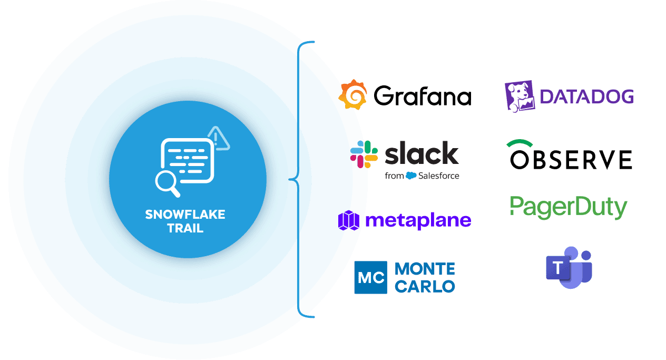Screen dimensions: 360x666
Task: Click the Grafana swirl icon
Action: tap(352, 95)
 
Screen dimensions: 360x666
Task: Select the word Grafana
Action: tap(422, 96)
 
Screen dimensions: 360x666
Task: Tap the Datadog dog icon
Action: tap(520, 96)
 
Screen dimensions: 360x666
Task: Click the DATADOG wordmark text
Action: tap(586, 96)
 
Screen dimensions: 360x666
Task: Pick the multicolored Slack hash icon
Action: tap(364, 154)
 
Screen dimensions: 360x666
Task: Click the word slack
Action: tap(422, 153)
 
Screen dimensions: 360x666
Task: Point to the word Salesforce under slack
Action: tap(438, 176)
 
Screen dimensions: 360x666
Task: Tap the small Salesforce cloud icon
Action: tap(411, 176)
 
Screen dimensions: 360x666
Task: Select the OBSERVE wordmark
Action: tap(571, 160)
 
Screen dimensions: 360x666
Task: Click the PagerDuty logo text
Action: tap(569, 207)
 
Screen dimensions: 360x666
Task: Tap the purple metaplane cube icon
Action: tap(348, 220)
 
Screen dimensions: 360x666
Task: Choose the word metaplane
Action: tap(417, 220)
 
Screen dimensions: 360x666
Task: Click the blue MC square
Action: tap(370, 277)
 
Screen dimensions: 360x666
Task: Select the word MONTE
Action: tap(425, 269)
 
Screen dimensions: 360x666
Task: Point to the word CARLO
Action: tap(425, 286)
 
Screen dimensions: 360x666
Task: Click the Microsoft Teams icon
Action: tap(569, 267)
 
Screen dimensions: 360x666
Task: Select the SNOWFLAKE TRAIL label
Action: tap(185, 221)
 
